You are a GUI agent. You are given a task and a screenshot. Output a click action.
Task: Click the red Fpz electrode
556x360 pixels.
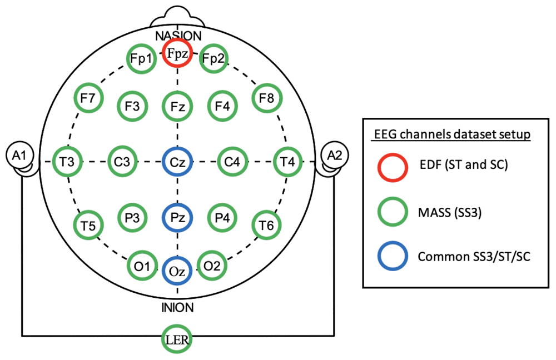[x=177, y=39]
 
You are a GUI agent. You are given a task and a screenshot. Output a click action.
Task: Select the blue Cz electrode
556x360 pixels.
[x=177, y=148]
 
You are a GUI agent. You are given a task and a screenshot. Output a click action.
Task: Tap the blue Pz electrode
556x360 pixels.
[x=177, y=204]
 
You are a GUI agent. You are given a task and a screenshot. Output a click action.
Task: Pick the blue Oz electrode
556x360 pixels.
[x=177, y=258]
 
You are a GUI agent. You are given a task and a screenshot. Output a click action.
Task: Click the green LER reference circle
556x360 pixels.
[x=177, y=326]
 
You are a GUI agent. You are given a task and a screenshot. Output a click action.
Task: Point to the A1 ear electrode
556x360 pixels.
[x=20, y=142]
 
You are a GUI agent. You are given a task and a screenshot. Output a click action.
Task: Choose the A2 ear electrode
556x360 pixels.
[x=334, y=142]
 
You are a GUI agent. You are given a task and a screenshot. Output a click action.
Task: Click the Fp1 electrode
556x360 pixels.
[x=141, y=44]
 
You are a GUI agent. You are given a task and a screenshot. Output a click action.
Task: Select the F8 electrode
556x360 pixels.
[x=267, y=84]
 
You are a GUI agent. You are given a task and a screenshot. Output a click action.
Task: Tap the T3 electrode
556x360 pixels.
[x=67, y=147]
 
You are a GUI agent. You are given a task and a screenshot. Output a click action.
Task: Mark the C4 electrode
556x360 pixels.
[x=232, y=147]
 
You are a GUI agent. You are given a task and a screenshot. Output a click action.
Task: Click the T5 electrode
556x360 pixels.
[x=88, y=211]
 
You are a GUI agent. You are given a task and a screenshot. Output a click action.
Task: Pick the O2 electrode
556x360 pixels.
[x=212, y=252]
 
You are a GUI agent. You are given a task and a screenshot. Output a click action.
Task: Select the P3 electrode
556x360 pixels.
[x=132, y=204]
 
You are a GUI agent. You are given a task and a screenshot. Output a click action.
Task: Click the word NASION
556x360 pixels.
[x=178, y=36]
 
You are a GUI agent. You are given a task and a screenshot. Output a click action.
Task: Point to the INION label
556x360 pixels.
[x=178, y=308]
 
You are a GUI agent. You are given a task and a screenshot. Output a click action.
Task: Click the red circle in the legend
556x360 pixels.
[x=393, y=154]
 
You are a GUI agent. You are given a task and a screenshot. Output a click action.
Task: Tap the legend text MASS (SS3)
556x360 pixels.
[x=450, y=213]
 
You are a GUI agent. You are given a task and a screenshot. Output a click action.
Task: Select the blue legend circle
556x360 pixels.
[x=393, y=242]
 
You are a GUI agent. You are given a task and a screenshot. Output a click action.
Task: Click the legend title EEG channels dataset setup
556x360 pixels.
[x=453, y=134]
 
